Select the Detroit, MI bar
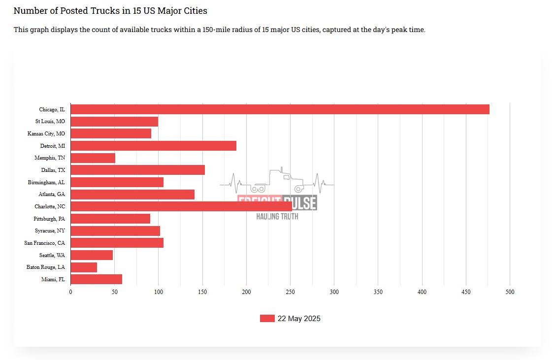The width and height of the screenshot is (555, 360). [153, 146]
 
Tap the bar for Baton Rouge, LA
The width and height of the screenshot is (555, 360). [84, 267]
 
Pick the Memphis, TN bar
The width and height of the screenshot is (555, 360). [93, 158]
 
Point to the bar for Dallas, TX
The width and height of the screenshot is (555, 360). [137, 170]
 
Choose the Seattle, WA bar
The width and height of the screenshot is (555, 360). [92, 255]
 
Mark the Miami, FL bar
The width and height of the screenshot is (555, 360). [96, 279]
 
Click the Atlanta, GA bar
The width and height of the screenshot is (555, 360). [132, 195]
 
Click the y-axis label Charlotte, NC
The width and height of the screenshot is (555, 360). [50, 206]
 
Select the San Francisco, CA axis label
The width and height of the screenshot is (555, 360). [45, 243]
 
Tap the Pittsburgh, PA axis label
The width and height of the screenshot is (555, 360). [49, 219]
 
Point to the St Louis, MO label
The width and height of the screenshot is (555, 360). [50, 121]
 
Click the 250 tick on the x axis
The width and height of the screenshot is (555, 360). [290, 292]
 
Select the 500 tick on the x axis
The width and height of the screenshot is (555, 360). [510, 292]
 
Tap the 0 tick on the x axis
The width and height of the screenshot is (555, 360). [70, 292]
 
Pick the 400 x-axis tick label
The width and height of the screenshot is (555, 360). [422, 292]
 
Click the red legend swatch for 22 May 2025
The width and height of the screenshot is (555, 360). [267, 319]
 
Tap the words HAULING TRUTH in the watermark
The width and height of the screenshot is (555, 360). [277, 217]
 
